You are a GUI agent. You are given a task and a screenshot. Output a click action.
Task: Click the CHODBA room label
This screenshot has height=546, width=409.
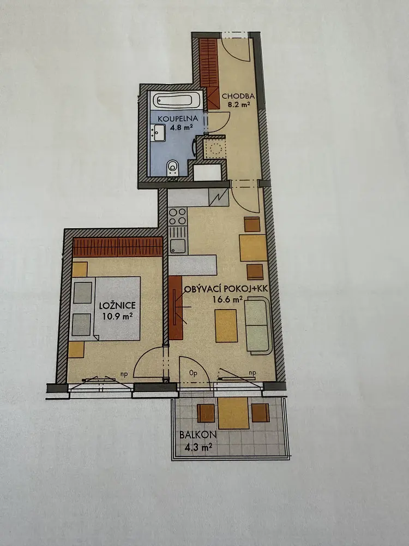tap(238, 96)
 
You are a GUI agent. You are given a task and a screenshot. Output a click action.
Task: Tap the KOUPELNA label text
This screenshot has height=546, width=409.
tap(178, 118)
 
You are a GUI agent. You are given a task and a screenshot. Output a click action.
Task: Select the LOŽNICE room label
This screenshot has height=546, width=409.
tap(117, 306)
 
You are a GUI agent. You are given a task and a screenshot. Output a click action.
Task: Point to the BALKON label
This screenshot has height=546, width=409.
tap(198, 435)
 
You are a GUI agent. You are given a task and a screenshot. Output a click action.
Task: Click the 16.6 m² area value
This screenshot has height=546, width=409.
tap(227, 299)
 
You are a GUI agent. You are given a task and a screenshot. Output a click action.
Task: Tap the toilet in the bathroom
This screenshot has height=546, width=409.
tap(172, 168)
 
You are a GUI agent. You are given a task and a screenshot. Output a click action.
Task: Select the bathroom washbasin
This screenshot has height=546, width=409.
tap(159, 133)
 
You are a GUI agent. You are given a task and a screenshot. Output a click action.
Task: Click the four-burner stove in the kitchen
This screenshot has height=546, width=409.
tap(177, 216)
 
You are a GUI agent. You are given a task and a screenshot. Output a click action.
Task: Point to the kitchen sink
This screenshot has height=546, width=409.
tap(178, 246)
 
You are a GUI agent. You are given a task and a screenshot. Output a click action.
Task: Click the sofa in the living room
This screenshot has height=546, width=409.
tap(258, 325)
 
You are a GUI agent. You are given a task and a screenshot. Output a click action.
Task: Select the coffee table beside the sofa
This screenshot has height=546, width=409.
tap(226, 326)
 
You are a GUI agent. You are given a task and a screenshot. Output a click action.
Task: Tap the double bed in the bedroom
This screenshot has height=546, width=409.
tap(105, 308)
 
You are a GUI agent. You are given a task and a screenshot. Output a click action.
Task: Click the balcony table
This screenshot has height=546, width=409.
tap(233, 413)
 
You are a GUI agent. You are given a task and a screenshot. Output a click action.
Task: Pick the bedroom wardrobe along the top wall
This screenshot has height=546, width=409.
tap(118, 247)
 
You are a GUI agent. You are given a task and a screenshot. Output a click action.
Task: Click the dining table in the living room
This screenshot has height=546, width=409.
tap(253, 247)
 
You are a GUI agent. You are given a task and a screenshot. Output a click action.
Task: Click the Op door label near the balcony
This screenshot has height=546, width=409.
tap(194, 373)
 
